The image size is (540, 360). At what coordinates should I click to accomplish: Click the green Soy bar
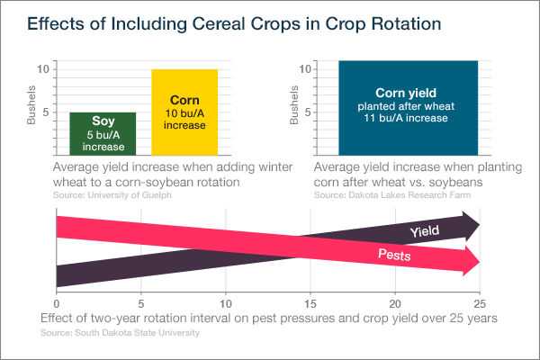coord(103,135)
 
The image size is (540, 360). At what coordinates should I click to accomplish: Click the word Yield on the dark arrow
coord(425,231)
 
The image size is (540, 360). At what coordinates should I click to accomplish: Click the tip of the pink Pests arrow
coord(479,262)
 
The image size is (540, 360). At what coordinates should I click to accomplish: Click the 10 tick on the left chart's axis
coord(42,69)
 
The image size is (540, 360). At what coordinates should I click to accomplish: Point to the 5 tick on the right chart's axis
coord(307,112)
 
